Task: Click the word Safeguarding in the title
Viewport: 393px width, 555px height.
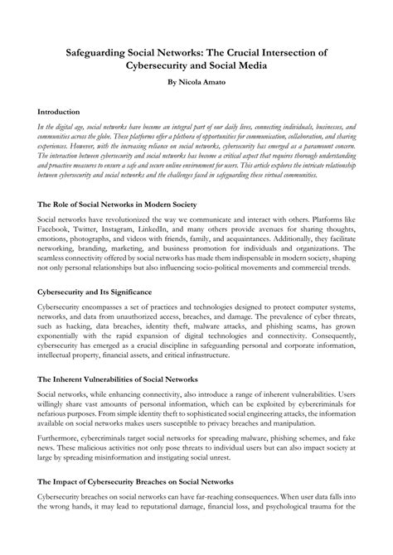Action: pyautogui.click(x=102, y=52)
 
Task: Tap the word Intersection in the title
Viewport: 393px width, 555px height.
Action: pyautogui.click(x=287, y=52)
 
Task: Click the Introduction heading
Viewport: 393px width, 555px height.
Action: pyautogui.click(x=59, y=110)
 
